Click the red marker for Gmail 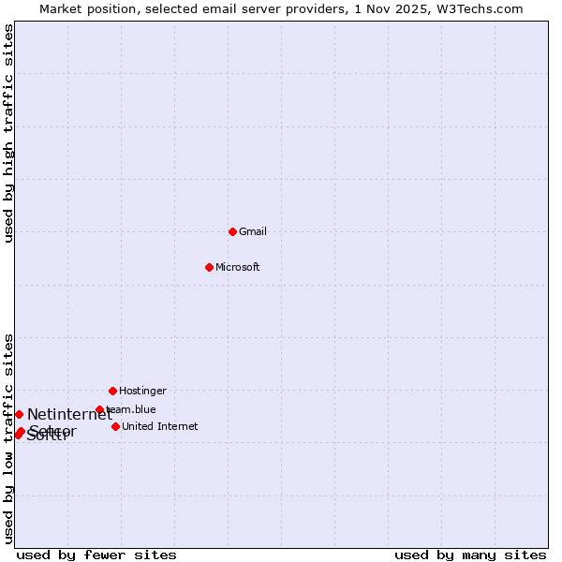coord(232,231)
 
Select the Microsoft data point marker coord(209,267)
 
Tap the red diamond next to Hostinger coord(112,391)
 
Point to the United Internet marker coord(115,426)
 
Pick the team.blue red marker coord(99,409)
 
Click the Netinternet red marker coord(19,414)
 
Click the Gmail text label coord(253,231)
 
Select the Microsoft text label coord(238,267)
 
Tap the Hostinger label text coord(142,391)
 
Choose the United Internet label coord(160,426)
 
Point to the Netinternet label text coord(69,414)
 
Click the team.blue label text coord(132,409)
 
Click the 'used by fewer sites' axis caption coord(96,555)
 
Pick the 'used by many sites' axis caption coord(470,555)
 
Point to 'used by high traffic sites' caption coord(8,133)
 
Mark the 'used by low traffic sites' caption coord(8,438)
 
